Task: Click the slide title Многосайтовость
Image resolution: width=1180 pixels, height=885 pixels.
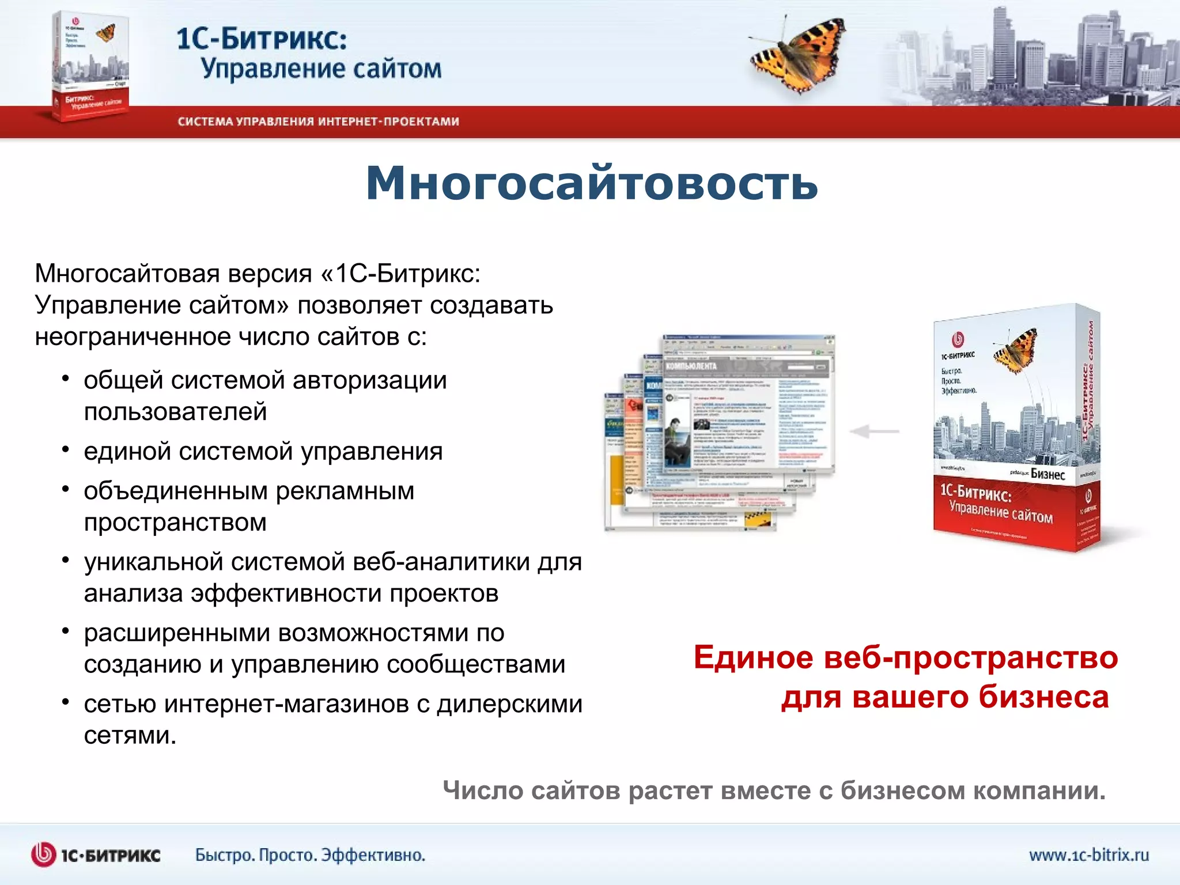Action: (x=592, y=183)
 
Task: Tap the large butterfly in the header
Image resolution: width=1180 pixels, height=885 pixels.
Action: (x=798, y=56)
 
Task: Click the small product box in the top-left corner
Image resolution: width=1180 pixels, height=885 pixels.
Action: (x=90, y=66)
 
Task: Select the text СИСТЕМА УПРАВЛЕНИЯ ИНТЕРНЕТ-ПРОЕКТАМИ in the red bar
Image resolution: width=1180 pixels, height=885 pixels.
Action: (x=318, y=122)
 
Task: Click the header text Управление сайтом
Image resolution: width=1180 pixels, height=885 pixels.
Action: (x=321, y=69)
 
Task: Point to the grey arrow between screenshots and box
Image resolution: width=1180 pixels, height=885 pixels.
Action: (x=874, y=431)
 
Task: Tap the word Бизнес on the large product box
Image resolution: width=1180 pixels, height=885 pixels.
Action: (x=1047, y=474)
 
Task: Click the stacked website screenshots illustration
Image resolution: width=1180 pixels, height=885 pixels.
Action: (x=720, y=432)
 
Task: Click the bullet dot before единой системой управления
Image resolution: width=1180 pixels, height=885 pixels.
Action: (x=66, y=450)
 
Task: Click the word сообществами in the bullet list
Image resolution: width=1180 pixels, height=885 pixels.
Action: (x=476, y=664)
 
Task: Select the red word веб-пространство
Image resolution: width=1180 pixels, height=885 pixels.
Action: (x=971, y=657)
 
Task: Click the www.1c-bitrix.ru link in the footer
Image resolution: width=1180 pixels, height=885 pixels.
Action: (x=1088, y=854)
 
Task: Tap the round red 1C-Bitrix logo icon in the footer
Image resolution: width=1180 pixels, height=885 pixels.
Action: (x=44, y=854)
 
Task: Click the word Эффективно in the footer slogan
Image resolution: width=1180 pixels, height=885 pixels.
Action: (x=372, y=855)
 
